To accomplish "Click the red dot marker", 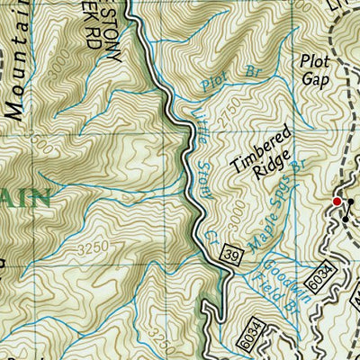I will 337,202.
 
